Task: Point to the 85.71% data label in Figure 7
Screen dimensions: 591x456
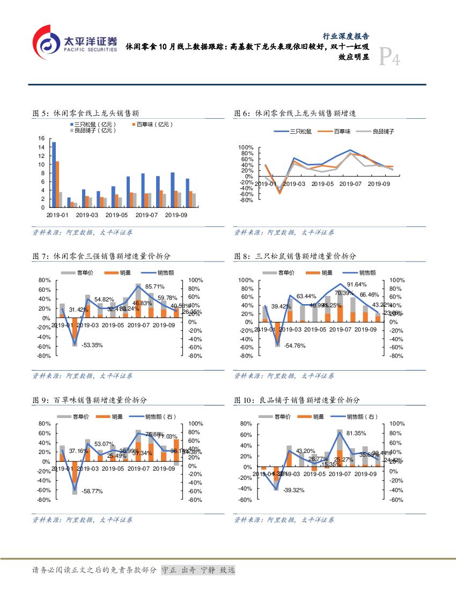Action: tap(155, 286)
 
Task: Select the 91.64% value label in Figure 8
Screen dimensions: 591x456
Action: tap(357, 284)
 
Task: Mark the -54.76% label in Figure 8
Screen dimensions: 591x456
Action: tap(295, 345)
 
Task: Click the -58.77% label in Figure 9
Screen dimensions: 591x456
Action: tap(92, 491)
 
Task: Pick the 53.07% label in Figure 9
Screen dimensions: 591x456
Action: tap(104, 444)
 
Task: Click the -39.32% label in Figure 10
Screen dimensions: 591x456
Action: tap(294, 490)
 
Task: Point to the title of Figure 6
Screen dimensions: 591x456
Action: tap(295, 113)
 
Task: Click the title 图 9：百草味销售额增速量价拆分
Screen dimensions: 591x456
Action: tap(90, 400)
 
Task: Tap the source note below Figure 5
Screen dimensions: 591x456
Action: tap(83, 233)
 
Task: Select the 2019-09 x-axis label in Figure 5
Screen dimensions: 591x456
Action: tap(175, 215)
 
